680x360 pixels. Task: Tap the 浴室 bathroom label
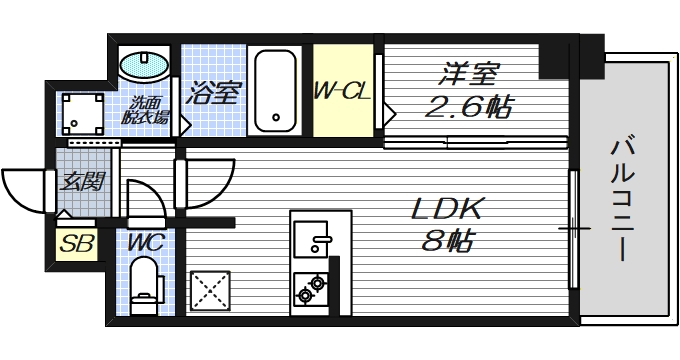coord(212,95)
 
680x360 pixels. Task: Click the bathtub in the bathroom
coord(274,90)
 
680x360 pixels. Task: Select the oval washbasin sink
coord(145,66)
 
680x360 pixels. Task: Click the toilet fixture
coord(146,282)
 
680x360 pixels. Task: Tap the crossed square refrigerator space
coord(210,292)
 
